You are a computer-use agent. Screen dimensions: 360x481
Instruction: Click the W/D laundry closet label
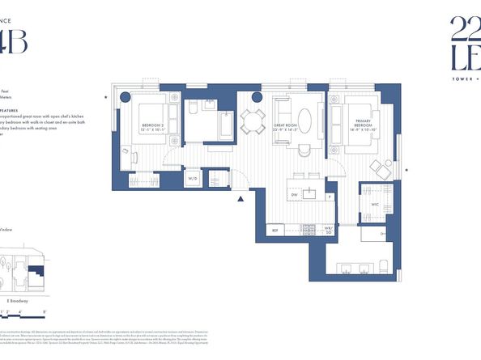tap(194, 178)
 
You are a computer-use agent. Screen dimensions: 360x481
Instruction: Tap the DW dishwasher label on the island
tap(295, 195)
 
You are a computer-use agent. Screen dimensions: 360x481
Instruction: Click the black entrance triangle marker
tap(240, 198)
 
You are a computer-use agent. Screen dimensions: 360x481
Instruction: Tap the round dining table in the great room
tap(253, 123)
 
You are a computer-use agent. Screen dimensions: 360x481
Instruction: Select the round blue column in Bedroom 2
tap(126, 97)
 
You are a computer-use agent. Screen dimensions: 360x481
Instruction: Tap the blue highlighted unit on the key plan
tap(36, 275)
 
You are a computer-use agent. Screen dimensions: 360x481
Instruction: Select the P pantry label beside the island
tap(330, 197)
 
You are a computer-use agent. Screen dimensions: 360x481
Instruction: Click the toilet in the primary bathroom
tap(385, 268)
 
